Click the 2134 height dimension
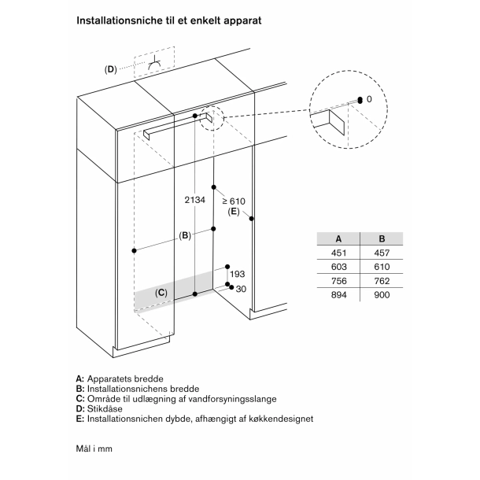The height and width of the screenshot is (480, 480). [x=195, y=201]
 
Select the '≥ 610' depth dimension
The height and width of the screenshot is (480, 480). [x=234, y=201]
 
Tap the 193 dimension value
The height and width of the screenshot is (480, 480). [x=238, y=274]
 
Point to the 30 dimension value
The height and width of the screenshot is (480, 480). [x=241, y=289]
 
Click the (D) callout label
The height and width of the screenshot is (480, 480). [x=110, y=69]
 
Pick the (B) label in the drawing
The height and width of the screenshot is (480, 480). [x=185, y=235]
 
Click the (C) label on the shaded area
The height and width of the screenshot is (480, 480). [x=161, y=293]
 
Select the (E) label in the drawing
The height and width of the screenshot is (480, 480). [x=234, y=212]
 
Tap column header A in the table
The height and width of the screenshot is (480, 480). [x=338, y=238]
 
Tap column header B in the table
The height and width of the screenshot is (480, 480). [x=382, y=238]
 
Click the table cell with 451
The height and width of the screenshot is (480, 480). [x=338, y=253]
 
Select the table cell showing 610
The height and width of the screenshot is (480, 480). [x=382, y=266]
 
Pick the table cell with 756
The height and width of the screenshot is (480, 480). [x=338, y=280]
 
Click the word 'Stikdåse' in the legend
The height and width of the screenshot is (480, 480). [x=106, y=409]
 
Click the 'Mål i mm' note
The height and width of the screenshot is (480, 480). [x=97, y=449]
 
